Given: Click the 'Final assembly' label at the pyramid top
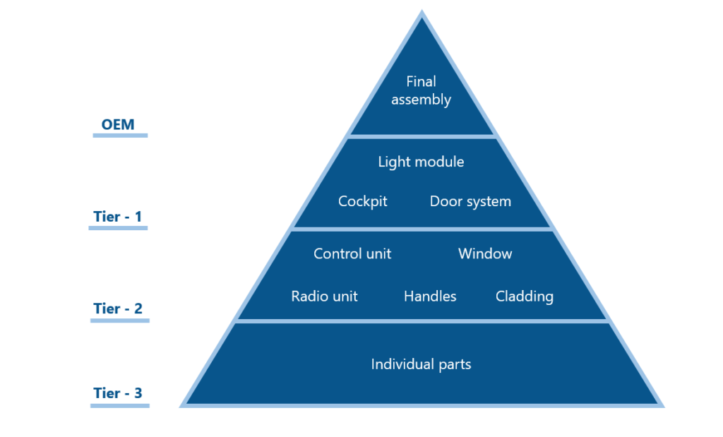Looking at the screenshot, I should click(421, 90).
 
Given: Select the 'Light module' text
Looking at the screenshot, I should click(421, 162).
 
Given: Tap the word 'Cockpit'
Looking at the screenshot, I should click(363, 201).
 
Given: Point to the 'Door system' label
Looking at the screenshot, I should click(470, 201).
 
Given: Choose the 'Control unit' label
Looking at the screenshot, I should click(352, 253).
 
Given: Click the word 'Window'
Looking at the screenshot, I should click(485, 253).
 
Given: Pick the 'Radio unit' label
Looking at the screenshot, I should click(324, 297).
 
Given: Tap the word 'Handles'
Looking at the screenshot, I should click(430, 297).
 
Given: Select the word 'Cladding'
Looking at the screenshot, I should click(525, 297).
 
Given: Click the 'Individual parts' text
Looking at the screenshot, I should click(421, 364).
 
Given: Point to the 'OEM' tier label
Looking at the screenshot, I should click(118, 124).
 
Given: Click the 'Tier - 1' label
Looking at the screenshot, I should click(118, 216).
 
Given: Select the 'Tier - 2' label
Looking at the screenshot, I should click(118, 309).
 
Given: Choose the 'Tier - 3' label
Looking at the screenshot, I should click(118, 393).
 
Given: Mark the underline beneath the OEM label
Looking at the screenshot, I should click(120, 135).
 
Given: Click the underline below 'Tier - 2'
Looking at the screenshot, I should click(120, 321).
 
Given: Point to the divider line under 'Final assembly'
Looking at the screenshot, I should click(422, 136).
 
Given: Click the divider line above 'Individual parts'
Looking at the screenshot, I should click(422, 321).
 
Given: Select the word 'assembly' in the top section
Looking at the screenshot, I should click(421, 100).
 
